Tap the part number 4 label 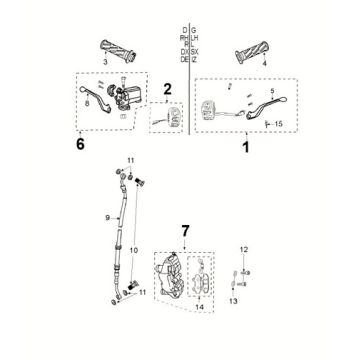click(264, 63)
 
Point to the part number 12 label click(243, 248)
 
